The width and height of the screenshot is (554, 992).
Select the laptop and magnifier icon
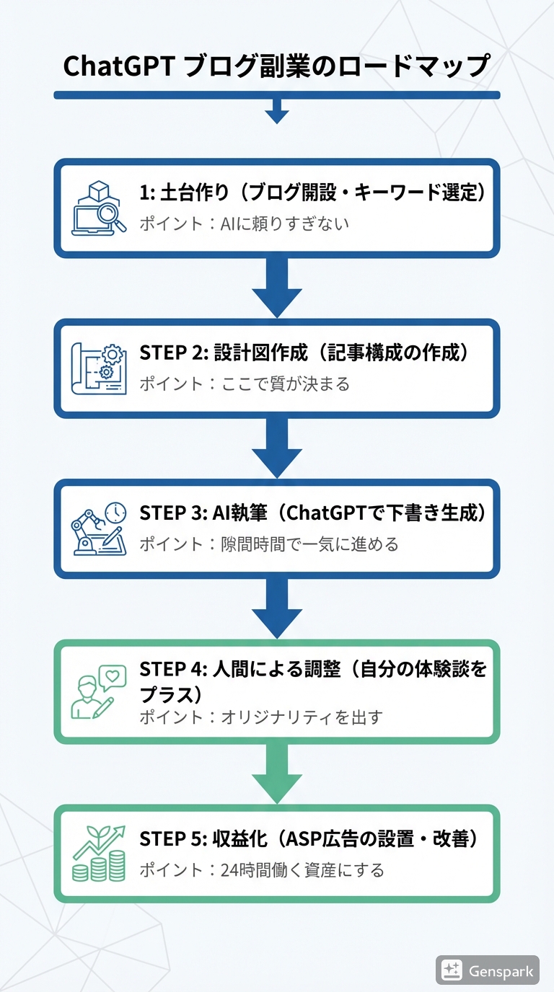click(x=99, y=208)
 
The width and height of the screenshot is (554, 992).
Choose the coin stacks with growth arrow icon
click(x=99, y=854)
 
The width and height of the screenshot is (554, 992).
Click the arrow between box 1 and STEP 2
click(x=276, y=287)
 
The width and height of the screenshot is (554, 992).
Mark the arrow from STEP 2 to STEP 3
click(x=276, y=447)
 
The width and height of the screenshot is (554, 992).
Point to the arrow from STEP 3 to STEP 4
click(x=276, y=608)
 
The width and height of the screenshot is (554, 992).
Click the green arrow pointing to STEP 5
click(x=276, y=773)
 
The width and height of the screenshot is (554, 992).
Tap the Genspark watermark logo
click(x=488, y=970)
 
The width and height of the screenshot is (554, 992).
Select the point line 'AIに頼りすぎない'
click(x=244, y=223)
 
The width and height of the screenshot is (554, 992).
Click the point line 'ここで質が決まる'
click(x=244, y=384)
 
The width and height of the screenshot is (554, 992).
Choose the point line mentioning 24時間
click(x=261, y=870)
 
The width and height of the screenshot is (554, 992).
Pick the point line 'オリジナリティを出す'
click(x=260, y=717)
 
